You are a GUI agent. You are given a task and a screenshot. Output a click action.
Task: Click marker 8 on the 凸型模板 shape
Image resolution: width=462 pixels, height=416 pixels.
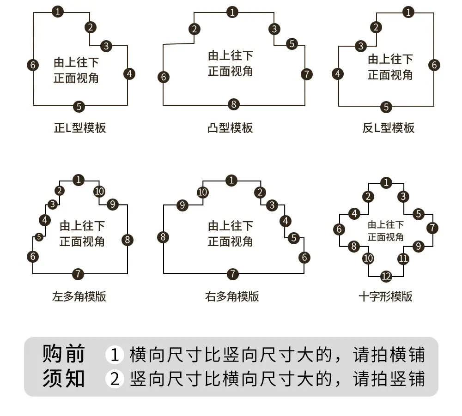click(234, 104)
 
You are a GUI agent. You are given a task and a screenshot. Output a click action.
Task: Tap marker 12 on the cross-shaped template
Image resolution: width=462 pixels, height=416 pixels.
click(386, 276)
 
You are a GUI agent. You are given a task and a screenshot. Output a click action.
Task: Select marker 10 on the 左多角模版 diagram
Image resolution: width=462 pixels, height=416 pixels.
click(99, 191)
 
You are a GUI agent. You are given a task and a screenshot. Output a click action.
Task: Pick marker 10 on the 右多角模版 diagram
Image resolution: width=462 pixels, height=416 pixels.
click(202, 192)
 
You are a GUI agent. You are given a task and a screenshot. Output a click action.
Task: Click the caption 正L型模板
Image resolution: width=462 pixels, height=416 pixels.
click(80, 128)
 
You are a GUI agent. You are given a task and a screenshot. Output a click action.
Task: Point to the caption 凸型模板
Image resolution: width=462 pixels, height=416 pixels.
click(230, 128)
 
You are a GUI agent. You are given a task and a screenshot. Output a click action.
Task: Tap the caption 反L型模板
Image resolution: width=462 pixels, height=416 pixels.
click(389, 128)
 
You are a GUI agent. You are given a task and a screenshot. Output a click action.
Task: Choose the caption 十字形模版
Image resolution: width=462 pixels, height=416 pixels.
click(385, 296)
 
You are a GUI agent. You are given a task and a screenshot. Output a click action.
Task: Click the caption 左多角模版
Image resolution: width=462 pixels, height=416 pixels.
click(79, 296)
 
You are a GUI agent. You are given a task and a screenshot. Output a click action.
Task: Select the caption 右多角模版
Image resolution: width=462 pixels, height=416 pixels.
click(232, 296)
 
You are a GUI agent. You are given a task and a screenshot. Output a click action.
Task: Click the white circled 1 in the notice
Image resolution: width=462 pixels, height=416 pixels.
click(114, 354)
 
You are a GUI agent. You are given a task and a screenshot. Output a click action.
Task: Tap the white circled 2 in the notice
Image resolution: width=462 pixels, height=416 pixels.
click(114, 379)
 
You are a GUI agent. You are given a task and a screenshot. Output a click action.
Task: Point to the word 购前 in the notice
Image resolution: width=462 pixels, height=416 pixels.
click(64, 353)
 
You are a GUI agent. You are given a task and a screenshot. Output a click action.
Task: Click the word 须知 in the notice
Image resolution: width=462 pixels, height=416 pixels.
click(64, 378)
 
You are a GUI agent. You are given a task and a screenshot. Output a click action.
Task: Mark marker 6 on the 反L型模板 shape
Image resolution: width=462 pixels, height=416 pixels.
click(434, 65)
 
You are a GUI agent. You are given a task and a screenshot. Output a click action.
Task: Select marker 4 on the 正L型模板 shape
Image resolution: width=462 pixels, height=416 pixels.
click(129, 74)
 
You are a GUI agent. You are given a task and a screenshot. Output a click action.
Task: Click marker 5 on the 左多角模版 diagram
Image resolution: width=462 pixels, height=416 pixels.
click(39, 237)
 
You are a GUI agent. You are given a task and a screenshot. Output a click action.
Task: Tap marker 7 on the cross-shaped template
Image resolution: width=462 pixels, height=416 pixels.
click(432, 228)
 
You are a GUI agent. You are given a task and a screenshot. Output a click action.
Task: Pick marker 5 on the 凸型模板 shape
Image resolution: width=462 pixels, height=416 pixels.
click(292, 44)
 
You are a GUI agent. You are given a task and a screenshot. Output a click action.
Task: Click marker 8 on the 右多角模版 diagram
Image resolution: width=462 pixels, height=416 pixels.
click(163, 237)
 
